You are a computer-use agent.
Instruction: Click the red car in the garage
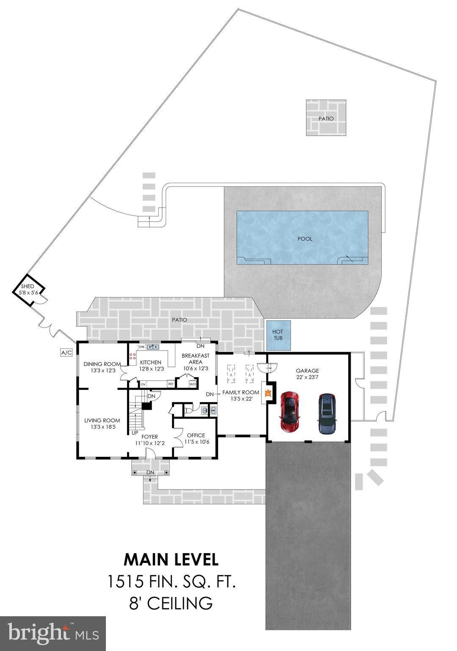[290, 411]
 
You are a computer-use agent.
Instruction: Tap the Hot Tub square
[278, 335]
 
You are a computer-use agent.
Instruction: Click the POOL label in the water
[305, 239]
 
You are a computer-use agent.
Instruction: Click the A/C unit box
[66, 352]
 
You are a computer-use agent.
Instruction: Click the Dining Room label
[102, 364]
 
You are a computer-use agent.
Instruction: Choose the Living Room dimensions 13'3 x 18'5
[102, 427]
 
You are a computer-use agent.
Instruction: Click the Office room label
[196, 435]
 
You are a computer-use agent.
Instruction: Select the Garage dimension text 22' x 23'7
[307, 377]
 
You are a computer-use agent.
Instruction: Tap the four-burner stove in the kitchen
[132, 356]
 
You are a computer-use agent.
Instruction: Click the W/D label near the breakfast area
[193, 384]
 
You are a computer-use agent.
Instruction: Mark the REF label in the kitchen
[171, 384]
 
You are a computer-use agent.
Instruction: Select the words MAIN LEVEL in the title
[171, 559]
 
